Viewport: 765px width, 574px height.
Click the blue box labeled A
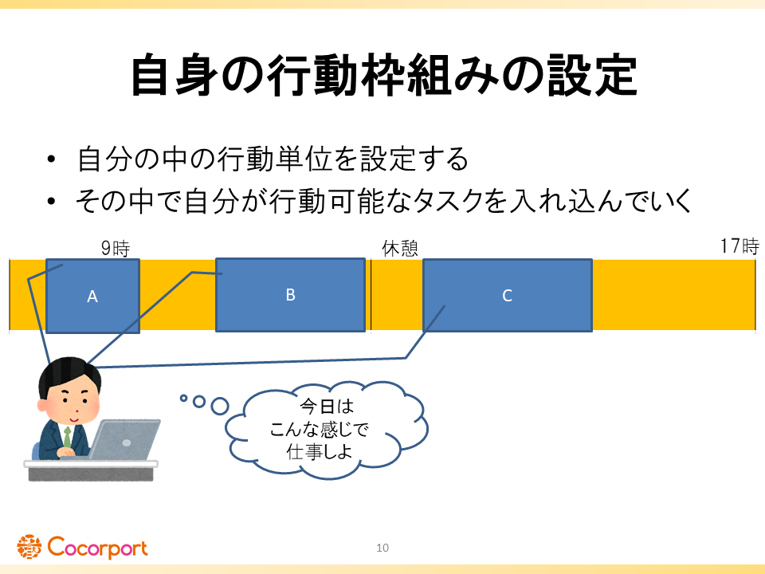click(x=92, y=297)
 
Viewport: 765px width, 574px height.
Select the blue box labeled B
click(x=290, y=295)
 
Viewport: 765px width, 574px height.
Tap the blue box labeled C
click(x=508, y=295)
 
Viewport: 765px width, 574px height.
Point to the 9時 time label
click(x=116, y=249)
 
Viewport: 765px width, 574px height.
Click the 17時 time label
click(x=739, y=246)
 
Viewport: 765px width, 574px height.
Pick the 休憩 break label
click(x=400, y=249)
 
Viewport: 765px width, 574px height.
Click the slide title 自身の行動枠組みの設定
click(x=384, y=76)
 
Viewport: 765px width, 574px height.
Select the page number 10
click(x=382, y=548)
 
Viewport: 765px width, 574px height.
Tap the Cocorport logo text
click(x=97, y=548)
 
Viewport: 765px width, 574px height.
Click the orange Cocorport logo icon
click(x=29, y=547)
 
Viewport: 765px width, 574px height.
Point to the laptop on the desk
click(x=124, y=439)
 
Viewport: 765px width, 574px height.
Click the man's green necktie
click(x=67, y=436)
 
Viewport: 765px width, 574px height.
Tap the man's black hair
click(x=69, y=373)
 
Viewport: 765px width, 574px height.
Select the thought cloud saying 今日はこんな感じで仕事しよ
click(x=326, y=430)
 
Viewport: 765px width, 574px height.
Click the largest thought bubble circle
click(x=220, y=406)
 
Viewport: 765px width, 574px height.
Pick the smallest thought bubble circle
click(x=183, y=398)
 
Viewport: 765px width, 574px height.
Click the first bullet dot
click(x=51, y=159)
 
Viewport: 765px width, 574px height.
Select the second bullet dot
click(x=51, y=201)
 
